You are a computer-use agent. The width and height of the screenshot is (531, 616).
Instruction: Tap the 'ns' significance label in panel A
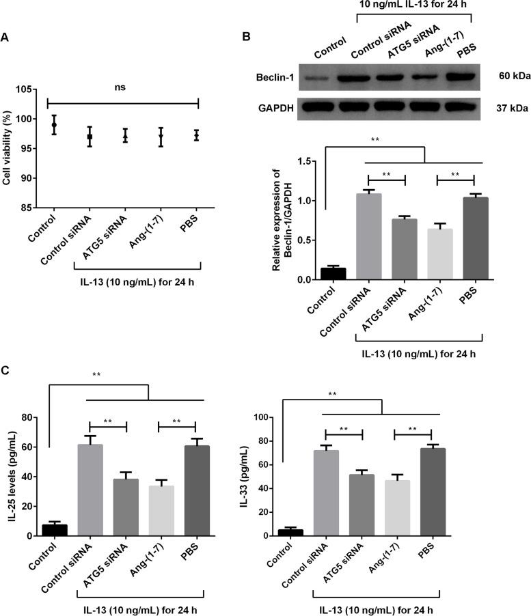[x=121, y=87]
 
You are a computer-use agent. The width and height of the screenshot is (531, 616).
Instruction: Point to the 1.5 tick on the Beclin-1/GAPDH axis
[x=312, y=162]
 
